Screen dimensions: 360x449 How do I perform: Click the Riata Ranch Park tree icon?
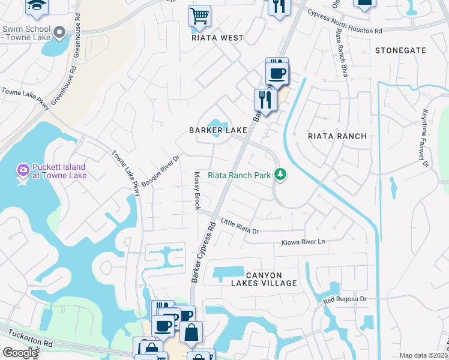point(279,175)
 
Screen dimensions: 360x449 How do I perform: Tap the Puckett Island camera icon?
point(23,171)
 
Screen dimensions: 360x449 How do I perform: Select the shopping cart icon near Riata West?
point(199,16)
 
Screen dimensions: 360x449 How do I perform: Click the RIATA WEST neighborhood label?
point(217,38)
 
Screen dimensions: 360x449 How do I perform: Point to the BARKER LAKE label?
point(218,130)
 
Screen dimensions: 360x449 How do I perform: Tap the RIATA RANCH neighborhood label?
point(337,136)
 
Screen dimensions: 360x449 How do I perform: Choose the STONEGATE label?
point(400,50)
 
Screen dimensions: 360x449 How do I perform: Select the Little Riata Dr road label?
point(239,226)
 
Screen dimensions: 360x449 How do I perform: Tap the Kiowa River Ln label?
point(303,242)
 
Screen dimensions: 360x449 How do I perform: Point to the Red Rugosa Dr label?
point(345,299)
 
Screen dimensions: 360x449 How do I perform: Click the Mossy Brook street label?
point(196,191)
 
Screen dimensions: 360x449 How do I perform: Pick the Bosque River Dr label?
point(160,170)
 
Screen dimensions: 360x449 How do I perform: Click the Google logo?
point(19,353)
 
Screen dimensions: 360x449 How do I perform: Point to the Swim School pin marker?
point(59,31)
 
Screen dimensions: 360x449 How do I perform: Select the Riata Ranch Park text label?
point(239,176)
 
